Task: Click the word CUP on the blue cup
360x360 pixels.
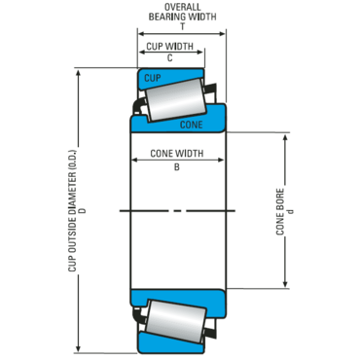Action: tap(152, 78)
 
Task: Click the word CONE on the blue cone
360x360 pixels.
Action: tap(192, 125)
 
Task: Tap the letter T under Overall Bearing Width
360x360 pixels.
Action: tap(183, 26)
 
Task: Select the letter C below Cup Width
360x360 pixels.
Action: tap(169, 57)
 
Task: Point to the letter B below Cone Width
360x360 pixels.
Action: tap(177, 167)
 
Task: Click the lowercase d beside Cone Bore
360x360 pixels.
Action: tap(291, 211)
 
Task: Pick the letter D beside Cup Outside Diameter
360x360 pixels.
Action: tap(84, 210)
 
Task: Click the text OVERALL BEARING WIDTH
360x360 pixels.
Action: tap(183, 12)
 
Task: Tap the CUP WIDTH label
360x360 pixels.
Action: tap(169, 47)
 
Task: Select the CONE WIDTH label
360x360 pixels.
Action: tap(177, 153)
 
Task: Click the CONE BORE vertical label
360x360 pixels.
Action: tap(280, 212)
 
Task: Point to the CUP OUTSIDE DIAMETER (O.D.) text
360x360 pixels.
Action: tap(72, 211)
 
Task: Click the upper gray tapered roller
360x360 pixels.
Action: tap(176, 100)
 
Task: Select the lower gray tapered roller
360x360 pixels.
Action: tap(176, 321)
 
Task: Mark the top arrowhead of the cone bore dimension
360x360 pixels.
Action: tap(285, 138)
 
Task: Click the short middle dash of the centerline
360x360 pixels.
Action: tap(177, 211)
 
